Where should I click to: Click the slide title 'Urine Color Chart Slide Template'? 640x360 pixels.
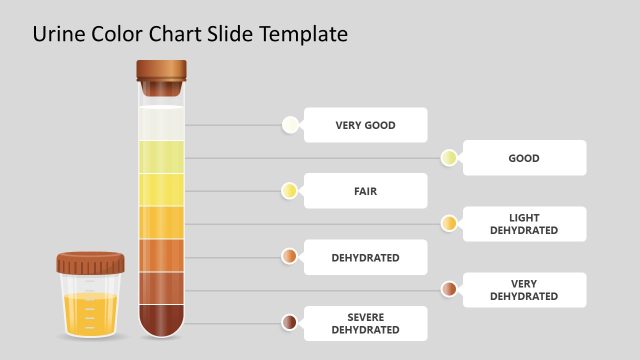pos(190,34)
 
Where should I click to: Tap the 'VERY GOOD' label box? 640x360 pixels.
pos(365,125)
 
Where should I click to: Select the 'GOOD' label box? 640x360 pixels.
pos(524,158)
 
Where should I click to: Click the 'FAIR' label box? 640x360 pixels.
pos(365,191)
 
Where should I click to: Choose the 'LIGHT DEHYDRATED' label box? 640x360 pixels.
pos(524,224)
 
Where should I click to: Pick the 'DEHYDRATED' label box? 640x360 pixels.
pos(365,257)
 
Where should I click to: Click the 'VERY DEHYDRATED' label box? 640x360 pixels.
pos(524,290)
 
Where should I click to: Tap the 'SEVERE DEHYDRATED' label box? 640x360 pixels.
pos(365,323)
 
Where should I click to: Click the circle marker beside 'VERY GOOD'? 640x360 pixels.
pos(290,125)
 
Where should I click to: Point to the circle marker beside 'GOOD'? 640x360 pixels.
pos(449,158)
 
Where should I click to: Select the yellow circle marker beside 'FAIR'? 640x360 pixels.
pos(290,191)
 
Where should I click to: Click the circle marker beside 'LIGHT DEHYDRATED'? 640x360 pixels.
pos(449,224)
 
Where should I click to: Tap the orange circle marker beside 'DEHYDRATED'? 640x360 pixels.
pos(290,257)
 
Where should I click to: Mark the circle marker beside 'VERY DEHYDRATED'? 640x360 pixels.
pos(449,290)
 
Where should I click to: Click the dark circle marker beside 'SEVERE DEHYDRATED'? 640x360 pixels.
pos(290,323)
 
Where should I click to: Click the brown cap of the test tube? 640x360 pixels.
pos(161,73)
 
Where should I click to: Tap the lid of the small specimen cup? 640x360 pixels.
pos(90,264)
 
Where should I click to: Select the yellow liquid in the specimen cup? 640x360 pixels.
pos(90,314)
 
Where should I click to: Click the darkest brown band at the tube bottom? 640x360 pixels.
pos(161,318)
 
